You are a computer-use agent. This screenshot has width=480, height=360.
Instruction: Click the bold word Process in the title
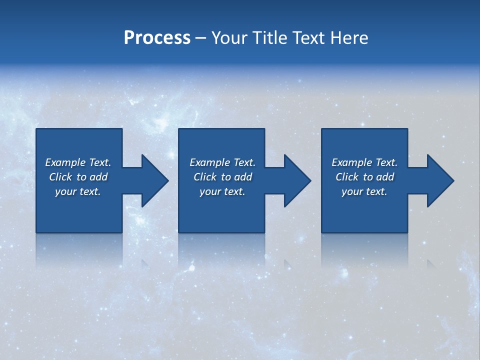pos(157,38)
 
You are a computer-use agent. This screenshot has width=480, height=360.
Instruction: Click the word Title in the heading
pos(270,38)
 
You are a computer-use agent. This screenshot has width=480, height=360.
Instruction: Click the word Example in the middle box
pos(209,162)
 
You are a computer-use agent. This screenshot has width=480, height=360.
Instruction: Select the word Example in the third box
pos(351,162)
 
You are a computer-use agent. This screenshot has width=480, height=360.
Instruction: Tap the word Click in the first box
pos(60,177)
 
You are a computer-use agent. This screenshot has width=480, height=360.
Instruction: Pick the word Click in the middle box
pos(205,177)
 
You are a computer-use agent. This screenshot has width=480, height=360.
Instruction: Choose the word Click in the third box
pos(347,177)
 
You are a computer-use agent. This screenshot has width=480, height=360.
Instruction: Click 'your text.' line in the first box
pos(78,191)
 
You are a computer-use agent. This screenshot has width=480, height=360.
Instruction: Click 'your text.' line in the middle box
pos(222,191)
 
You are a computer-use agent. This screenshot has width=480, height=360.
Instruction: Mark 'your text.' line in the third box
pos(364,191)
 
